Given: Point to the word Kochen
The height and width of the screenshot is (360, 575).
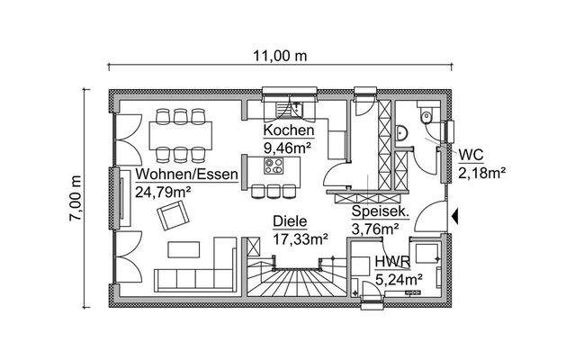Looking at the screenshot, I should pyautogui.click(x=288, y=130).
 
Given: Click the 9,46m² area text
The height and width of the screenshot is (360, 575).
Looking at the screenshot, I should pyautogui.click(x=289, y=146).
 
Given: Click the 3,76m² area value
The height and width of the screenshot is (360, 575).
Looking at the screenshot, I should pyautogui.click(x=375, y=229).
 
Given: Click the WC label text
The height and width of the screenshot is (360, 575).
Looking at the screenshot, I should pyautogui.click(x=471, y=155).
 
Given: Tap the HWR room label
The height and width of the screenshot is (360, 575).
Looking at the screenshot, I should pyautogui.click(x=393, y=263).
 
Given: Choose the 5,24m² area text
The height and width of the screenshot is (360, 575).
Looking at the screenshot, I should pyautogui.click(x=400, y=279).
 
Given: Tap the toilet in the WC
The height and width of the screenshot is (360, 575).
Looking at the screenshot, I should pyautogui.click(x=427, y=115).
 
